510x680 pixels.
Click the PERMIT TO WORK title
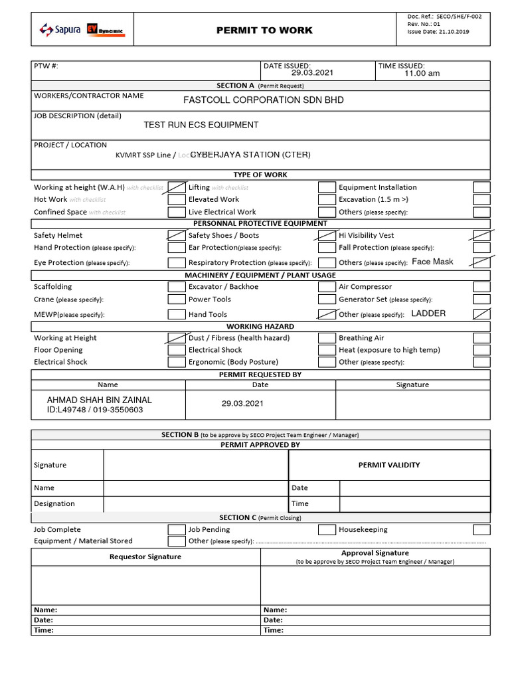pyautogui.click(x=264, y=31)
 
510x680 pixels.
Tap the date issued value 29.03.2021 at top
pyautogui.click(x=307, y=73)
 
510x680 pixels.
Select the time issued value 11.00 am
pyautogui.click(x=422, y=74)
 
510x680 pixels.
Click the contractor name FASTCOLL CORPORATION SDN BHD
pyautogui.click(x=264, y=100)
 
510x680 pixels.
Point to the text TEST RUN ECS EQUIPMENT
pyautogui.click(x=201, y=125)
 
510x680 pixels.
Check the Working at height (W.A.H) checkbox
pyautogui.click(x=177, y=187)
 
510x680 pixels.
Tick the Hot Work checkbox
pyautogui.click(x=177, y=199)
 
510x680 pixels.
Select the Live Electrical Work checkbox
pyautogui.click(x=327, y=212)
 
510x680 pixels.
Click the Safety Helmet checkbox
pyautogui.click(x=177, y=236)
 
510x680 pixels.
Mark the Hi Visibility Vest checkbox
pyautogui.click(x=481, y=236)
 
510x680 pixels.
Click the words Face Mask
pyautogui.click(x=432, y=262)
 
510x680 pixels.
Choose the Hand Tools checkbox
pyautogui.click(x=327, y=315)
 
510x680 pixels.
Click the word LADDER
pyautogui.click(x=428, y=313)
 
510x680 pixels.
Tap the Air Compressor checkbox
pyautogui.click(x=481, y=288)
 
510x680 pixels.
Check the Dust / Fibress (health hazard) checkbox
pyautogui.click(x=327, y=338)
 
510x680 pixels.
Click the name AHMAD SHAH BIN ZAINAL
pyautogui.click(x=99, y=400)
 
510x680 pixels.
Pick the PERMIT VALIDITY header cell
pyautogui.click(x=389, y=465)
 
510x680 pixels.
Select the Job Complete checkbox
pyautogui.click(x=177, y=530)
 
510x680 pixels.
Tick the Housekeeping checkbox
pyautogui.click(x=481, y=530)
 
